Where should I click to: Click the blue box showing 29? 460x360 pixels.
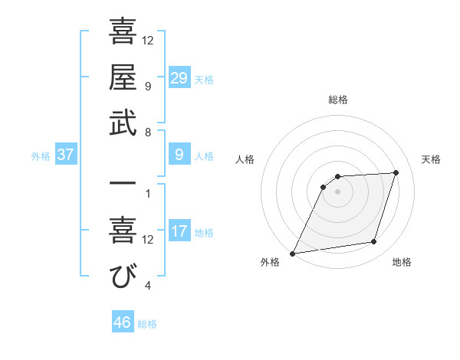click(179, 77)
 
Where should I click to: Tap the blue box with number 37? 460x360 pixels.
click(66, 155)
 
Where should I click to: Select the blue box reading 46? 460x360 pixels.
click(123, 322)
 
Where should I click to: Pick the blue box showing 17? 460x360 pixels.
click(179, 231)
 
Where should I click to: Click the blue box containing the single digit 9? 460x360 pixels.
click(179, 155)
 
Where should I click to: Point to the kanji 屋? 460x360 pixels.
click(123, 77)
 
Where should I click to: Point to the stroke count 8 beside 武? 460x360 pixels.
click(148, 132)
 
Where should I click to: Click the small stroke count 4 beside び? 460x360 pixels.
click(148, 286)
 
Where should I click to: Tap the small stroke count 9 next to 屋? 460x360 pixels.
click(148, 87)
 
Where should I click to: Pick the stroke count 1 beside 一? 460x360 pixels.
click(148, 193)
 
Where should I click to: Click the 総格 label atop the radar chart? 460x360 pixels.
click(337, 100)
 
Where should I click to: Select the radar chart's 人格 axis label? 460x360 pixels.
click(245, 159)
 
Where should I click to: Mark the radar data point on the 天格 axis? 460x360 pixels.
click(396, 172)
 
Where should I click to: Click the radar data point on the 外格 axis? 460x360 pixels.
click(292, 253)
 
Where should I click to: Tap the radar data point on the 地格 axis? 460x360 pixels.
click(374, 242)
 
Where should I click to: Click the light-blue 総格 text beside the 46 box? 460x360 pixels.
click(147, 324)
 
